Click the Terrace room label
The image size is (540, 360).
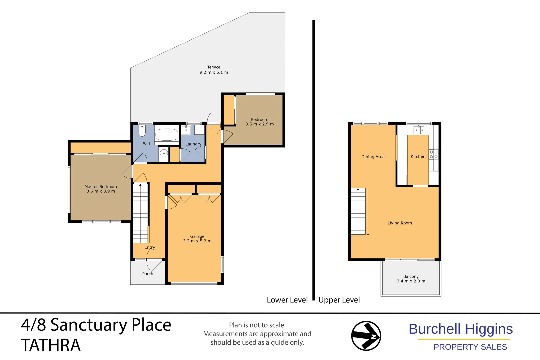214,67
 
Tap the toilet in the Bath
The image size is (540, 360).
142,131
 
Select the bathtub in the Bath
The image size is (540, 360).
167,135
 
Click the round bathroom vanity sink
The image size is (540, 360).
164,153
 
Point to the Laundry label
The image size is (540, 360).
193,144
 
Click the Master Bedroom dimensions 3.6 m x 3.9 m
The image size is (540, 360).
101,191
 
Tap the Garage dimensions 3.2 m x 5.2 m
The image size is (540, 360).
197,241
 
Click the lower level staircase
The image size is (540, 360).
140,213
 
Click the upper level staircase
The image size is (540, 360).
358,212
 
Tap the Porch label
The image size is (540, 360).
148,274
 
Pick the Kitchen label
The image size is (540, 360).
418,156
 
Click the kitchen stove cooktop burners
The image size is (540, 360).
433,154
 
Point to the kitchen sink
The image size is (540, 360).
419,129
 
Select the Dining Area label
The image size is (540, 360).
373,157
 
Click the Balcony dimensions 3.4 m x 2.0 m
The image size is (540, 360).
411,281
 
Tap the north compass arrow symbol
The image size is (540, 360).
366,336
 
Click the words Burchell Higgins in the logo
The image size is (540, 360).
460,329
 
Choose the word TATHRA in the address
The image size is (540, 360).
51,345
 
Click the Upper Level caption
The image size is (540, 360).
339,300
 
